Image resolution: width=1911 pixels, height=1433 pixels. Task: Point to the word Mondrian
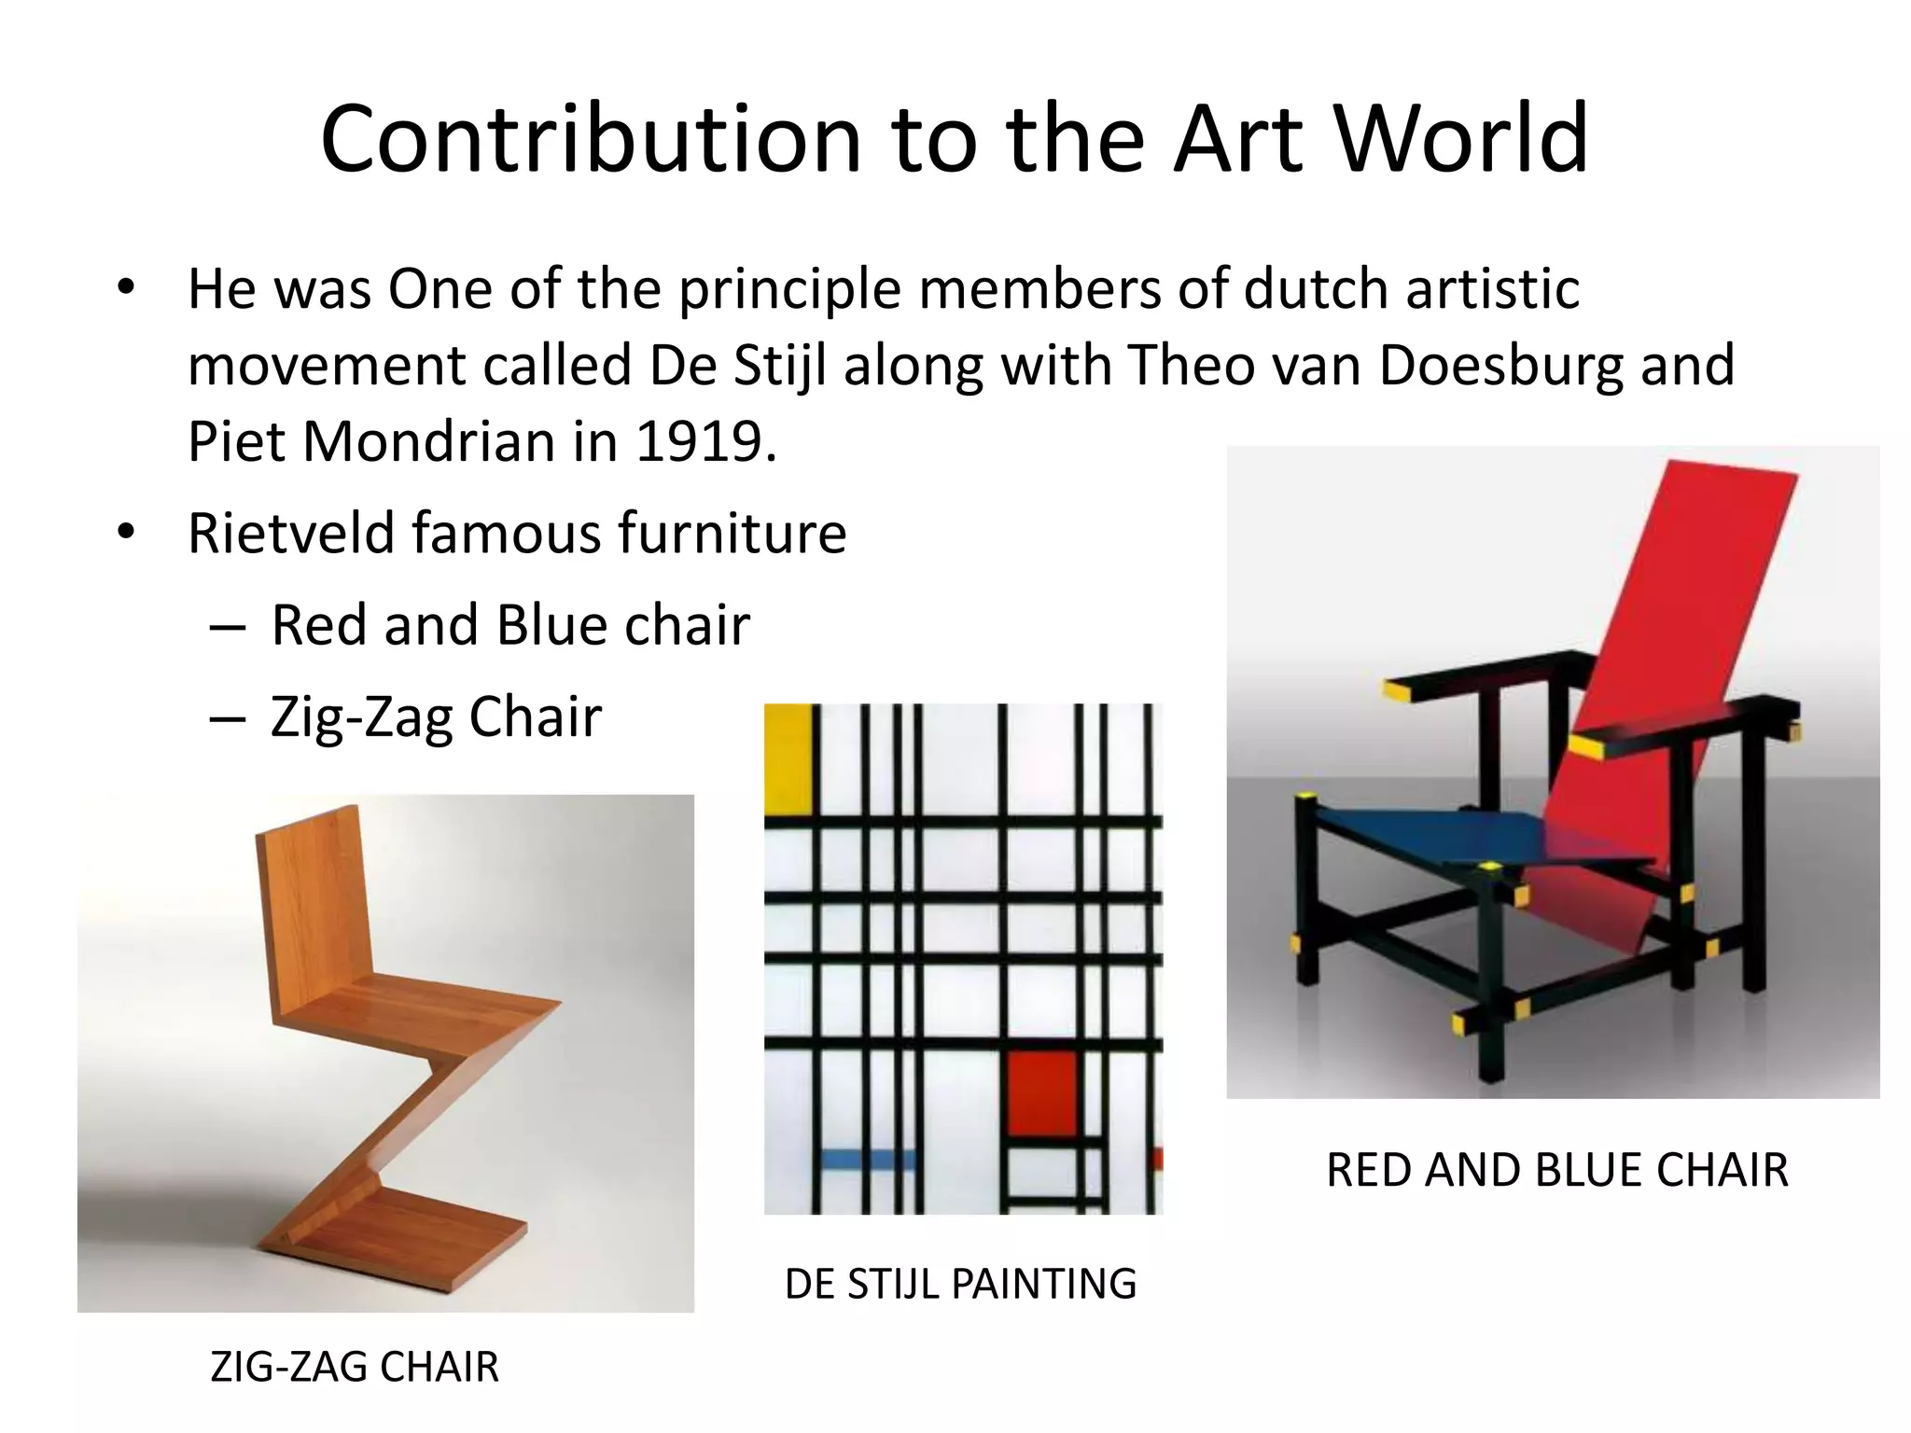pos(431,440)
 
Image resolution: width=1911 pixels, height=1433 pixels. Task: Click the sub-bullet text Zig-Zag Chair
pos(436,716)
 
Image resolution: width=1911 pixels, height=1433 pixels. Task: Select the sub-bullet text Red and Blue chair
pos(510,624)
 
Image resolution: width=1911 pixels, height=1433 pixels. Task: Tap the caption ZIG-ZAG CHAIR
pos(355,1367)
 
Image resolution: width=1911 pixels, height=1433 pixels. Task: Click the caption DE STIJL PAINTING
pos(960,1284)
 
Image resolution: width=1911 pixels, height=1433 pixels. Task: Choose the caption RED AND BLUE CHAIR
pos(1556,1170)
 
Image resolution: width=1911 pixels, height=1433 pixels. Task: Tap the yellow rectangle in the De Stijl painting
pos(787,759)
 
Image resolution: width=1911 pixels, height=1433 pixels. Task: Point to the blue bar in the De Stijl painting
pos(868,1160)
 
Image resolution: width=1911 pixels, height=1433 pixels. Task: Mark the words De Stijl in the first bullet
pos(738,365)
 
